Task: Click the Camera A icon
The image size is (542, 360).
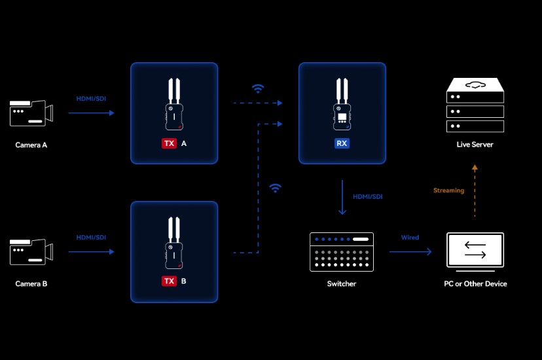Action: tap(31, 113)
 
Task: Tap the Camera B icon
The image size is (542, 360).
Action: tap(31, 252)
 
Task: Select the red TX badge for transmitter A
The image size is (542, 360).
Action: tap(169, 142)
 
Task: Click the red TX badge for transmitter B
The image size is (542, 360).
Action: tap(169, 281)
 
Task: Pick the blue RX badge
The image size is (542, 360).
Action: tap(342, 142)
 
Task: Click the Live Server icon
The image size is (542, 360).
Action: tap(475, 106)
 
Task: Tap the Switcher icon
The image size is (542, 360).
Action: tap(341, 251)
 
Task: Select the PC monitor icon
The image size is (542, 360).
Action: tap(475, 251)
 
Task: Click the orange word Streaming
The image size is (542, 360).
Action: tap(448, 190)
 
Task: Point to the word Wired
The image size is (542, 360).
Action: tap(410, 238)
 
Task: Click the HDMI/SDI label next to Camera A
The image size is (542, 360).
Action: tap(91, 98)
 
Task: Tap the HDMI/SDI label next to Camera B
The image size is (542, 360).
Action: tap(91, 237)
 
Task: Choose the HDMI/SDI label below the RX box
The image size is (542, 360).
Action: tap(368, 196)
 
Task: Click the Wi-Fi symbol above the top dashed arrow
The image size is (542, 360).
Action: tap(259, 88)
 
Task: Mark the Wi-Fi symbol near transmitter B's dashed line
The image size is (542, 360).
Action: tap(276, 189)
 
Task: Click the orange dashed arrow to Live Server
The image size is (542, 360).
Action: tap(475, 191)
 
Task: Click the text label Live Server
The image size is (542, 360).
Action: tap(475, 144)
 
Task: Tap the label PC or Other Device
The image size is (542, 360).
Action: tap(475, 283)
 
